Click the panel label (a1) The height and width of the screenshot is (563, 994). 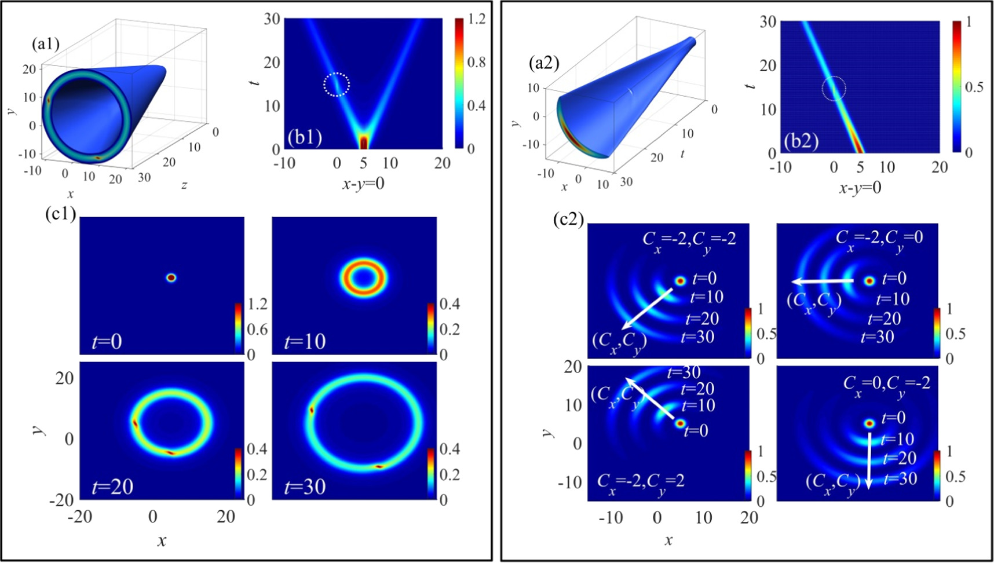click(x=46, y=44)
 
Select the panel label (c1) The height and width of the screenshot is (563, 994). click(x=61, y=214)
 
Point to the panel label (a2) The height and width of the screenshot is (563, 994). click(x=544, y=63)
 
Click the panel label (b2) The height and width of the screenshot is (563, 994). click(x=801, y=141)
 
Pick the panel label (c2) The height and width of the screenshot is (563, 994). click(x=569, y=220)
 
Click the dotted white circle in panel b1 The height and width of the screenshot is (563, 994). click(x=337, y=85)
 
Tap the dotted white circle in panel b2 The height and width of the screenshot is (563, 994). click(x=834, y=88)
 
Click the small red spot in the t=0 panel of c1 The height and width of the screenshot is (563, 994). click(x=170, y=277)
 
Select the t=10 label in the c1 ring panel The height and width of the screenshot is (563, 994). click(x=305, y=342)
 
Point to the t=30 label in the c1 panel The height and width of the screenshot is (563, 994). click(x=305, y=487)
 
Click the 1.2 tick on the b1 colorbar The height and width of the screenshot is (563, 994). click(x=477, y=19)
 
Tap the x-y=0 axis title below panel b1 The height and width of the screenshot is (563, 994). click(x=363, y=184)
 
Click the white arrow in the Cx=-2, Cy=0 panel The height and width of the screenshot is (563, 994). click(x=823, y=281)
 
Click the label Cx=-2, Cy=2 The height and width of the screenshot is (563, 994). click(x=640, y=480)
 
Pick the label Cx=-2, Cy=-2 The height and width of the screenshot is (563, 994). click(x=689, y=238)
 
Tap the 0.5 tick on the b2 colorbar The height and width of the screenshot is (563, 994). click(x=974, y=87)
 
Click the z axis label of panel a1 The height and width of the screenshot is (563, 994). click(x=184, y=185)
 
